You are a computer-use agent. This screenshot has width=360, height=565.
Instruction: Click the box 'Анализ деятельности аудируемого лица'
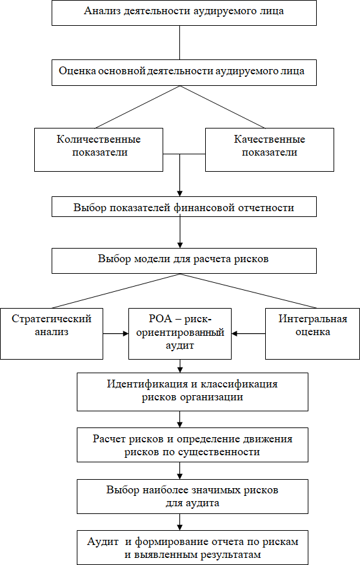pyautogui.click(x=184, y=13)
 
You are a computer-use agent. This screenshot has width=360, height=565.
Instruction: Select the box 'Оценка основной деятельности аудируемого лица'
pyautogui.click(x=184, y=73)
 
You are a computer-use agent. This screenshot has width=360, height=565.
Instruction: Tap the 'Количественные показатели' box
pyautogui.click(x=99, y=150)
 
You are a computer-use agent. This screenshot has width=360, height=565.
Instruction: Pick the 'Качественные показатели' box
pyautogui.click(x=270, y=150)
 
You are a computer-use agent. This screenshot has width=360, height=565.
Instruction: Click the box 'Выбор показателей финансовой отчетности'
pyautogui.click(x=184, y=207)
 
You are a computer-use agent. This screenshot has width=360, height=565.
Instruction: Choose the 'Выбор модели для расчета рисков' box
pyautogui.click(x=184, y=260)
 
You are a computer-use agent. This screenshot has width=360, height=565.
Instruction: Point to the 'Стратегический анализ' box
pyautogui.click(x=52, y=334)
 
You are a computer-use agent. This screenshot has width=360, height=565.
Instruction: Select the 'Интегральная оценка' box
pyautogui.click(x=312, y=334)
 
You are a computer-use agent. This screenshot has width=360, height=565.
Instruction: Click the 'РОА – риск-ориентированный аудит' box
pyautogui.click(x=180, y=334)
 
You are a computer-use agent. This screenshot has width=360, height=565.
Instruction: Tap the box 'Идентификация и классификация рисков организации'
pyautogui.click(x=193, y=392)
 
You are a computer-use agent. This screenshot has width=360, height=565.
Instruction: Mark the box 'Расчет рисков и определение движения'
pyautogui.click(x=193, y=445)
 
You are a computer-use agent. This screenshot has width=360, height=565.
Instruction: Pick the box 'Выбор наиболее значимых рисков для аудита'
pyautogui.click(x=193, y=496)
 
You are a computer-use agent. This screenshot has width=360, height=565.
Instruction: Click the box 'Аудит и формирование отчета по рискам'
pyautogui.click(x=193, y=548)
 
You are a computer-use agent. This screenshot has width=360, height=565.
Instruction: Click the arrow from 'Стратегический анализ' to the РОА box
pyautogui.click(x=116, y=334)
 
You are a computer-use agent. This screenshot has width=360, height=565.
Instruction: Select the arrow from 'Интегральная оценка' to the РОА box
pyautogui.click(x=248, y=334)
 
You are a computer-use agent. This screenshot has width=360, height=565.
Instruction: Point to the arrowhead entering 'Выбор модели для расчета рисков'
pyautogui.click(x=180, y=245)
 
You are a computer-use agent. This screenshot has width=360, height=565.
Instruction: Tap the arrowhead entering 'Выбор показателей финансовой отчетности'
pyautogui.click(x=180, y=193)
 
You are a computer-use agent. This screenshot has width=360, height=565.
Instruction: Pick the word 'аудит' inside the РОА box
pyautogui.click(x=180, y=345)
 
